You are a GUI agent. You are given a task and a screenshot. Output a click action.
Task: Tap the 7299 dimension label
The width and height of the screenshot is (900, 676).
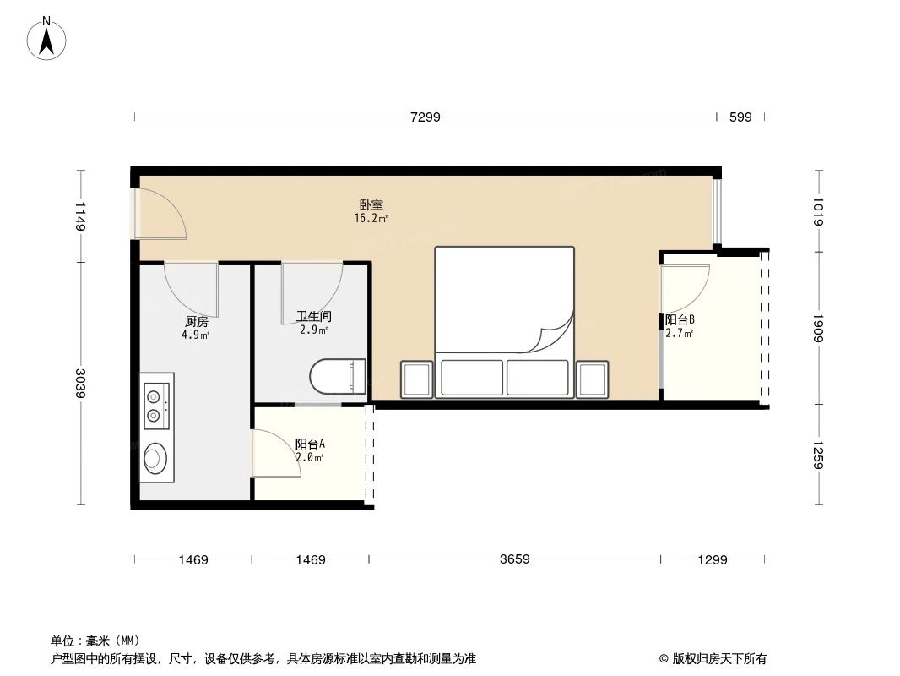pos(426,117)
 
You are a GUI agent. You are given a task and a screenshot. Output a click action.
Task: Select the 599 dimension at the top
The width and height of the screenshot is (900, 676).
pos(740,117)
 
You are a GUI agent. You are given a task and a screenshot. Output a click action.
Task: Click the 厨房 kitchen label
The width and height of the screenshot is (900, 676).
pos(196,321)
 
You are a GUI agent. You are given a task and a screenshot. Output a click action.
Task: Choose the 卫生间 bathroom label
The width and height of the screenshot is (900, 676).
pos(313,317)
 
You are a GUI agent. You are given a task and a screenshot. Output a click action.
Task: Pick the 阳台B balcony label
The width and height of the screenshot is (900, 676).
pos(680,320)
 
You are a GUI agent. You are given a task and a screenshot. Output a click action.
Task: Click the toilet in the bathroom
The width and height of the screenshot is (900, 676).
pos(338,377)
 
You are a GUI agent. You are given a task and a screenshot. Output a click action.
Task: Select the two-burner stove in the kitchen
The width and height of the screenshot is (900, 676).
pos(156,404)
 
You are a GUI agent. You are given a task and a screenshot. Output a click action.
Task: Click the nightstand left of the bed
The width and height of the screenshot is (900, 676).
pos(417,379)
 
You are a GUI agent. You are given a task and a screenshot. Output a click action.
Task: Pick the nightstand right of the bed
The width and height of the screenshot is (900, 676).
pos(592,379)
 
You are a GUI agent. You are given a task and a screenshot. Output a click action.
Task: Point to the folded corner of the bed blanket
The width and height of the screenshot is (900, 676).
pos(554,335)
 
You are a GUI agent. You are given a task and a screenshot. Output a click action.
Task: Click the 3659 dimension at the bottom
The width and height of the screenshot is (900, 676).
pos(514,559)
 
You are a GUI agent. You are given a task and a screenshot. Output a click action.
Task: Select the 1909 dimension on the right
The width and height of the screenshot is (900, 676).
pos(819,326)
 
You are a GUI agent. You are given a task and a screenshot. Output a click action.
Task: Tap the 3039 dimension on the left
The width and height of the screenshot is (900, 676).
pos(81,384)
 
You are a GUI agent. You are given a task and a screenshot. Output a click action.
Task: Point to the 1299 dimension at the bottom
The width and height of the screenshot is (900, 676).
pos(713,559)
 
